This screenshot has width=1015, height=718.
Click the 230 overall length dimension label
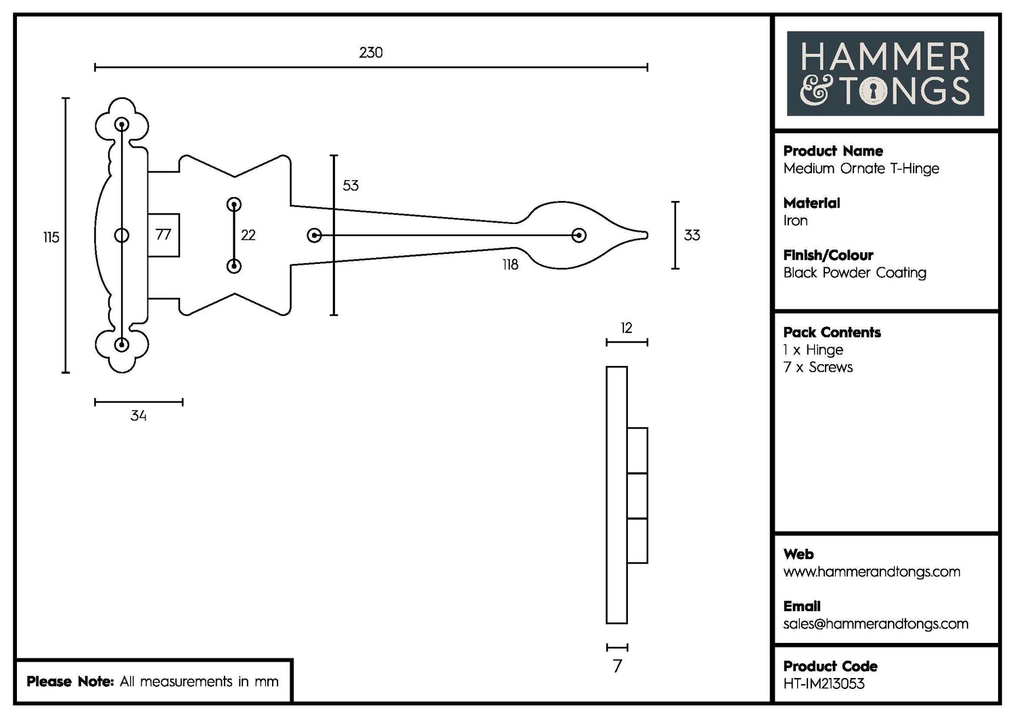coord(371,53)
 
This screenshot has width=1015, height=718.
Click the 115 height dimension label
coord(51,238)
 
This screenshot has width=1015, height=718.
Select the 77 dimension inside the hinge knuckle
coord(163,235)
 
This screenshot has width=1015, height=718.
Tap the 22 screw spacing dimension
coord(248,235)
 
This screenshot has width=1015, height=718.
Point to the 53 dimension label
coord(351,186)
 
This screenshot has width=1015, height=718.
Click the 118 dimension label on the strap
coord(510,265)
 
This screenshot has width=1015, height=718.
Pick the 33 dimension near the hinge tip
coord(692,235)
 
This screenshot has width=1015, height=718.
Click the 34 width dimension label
coord(139,416)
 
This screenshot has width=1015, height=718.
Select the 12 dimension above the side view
coord(627,328)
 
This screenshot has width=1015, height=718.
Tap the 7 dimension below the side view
coord(617,667)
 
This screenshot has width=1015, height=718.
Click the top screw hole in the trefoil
coord(122,125)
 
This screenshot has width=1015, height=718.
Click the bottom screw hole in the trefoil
coord(122,344)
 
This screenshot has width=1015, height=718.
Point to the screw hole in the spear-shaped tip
coord(579,235)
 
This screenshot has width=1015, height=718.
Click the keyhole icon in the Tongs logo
coord(873,91)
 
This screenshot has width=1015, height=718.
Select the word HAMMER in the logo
coord(885,57)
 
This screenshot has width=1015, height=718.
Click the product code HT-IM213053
coord(824,684)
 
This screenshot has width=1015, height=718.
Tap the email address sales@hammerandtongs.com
coord(876,624)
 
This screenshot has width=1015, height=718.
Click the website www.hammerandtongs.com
coord(872,572)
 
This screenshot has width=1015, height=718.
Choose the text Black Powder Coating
coord(855,273)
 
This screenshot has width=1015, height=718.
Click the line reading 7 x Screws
coord(818,367)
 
